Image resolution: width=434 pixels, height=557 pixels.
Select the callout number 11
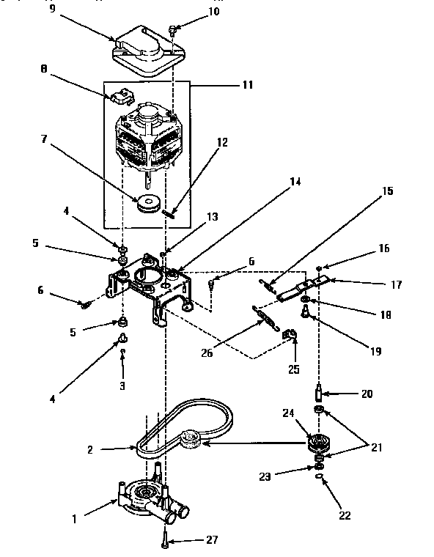247,85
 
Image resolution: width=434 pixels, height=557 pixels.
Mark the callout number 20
366,394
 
